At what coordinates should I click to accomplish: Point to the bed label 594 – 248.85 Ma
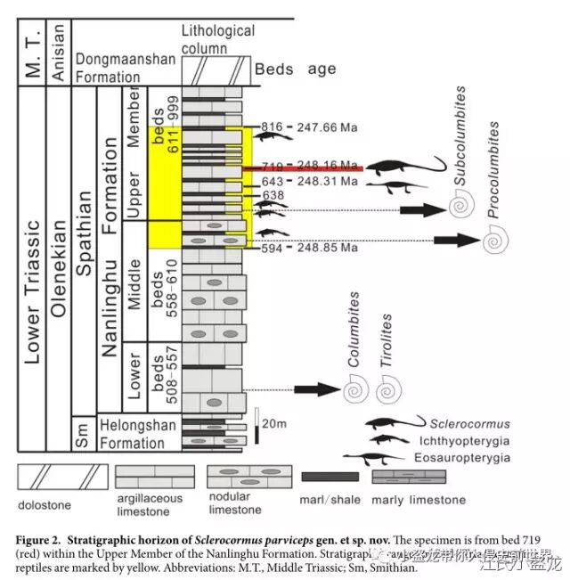coord(308,248)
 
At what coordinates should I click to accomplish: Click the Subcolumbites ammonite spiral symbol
coord(460,207)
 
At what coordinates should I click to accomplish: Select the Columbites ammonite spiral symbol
coord(356,388)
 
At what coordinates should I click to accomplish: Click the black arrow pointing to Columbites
coord(311,389)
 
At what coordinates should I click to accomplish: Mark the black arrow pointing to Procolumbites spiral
coord(452,239)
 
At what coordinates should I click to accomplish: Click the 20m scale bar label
coord(273,422)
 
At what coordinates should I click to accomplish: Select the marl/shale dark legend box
coord(329,477)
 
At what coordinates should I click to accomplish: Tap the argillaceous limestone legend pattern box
coord(154,476)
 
